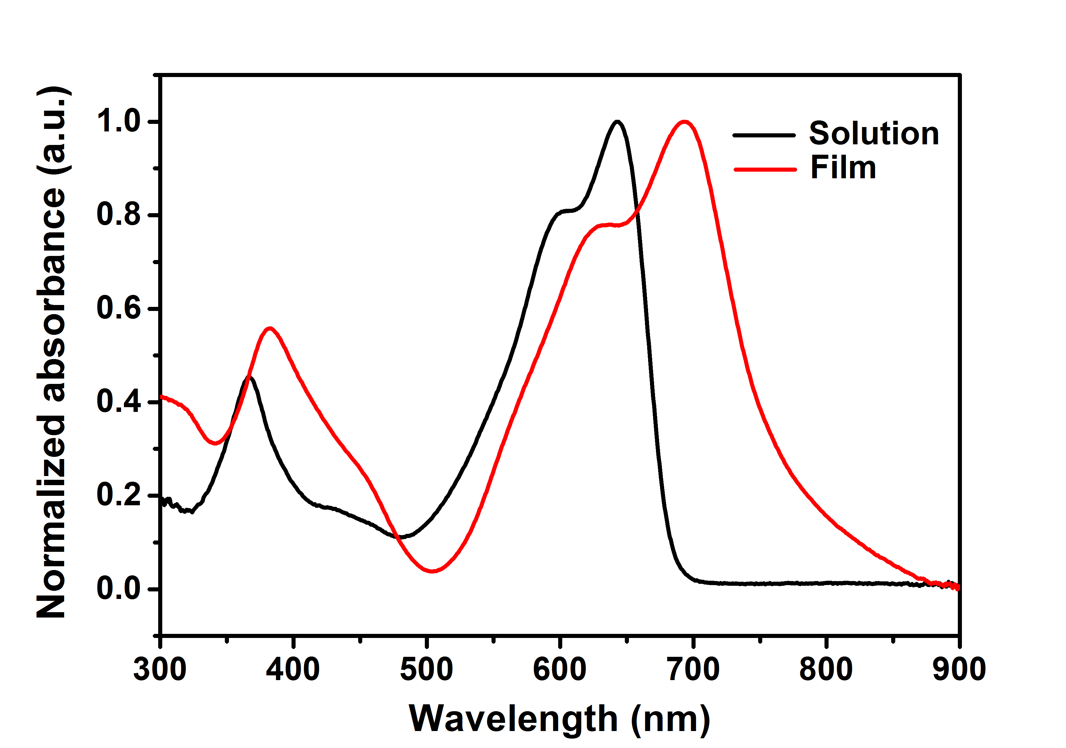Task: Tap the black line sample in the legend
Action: (764, 135)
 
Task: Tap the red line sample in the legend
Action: (765, 169)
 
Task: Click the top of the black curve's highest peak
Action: (617, 122)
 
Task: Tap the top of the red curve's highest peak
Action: (684, 122)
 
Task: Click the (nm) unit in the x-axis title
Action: (670, 719)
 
